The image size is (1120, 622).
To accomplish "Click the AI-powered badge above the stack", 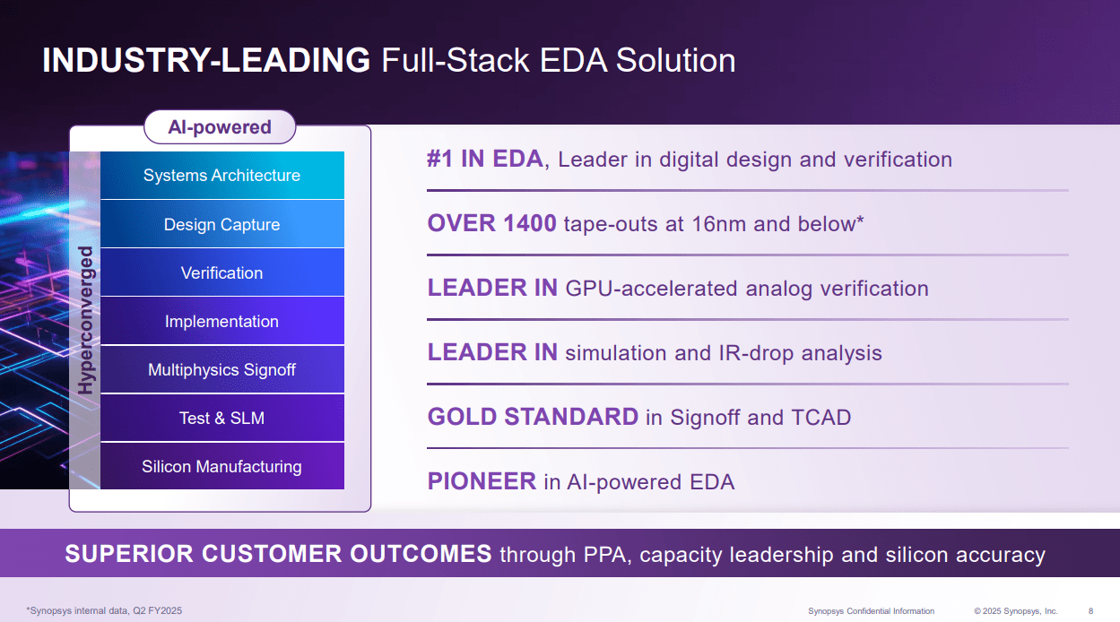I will pyautogui.click(x=220, y=127).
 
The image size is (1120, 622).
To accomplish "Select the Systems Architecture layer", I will pyautogui.click(x=221, y=176).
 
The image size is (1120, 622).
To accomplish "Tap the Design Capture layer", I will pyautogui.click(x=221, y=225).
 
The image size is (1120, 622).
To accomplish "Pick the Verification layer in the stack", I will pyautogui.click(x=221, y=273).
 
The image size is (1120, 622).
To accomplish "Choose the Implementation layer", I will pyautogui.click(x=221, y=322).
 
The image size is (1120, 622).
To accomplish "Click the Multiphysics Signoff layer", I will pyautogui.click(x=221, y=370).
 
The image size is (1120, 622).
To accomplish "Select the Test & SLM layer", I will pyautogui.click(x=221, y=419).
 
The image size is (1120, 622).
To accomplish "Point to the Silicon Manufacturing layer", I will pyautogui.click(x=221, y=467).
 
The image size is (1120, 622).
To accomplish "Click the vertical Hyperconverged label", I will pyautogui.click(x=86, y=321).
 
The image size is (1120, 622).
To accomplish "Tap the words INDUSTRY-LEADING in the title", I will pyautogui.click(x=206, y=61).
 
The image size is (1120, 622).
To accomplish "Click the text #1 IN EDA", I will pyautogui.click(x=484, y=160).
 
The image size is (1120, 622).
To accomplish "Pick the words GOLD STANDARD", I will pyautogui.click(x=533, y=418).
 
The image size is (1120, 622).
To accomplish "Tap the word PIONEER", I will pyautogui.click(x=482, y=482).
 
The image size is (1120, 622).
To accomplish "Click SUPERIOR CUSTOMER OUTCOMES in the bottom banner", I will pyautogui.click(x=278, y=554).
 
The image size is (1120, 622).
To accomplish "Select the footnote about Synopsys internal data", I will pyautogui.click(x=104, y=611).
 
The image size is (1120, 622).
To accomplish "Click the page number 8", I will pyautogui.click(x=1090, y=611).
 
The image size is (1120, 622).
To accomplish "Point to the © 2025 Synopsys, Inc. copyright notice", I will pyautogui.click(x=1016, y=611).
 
